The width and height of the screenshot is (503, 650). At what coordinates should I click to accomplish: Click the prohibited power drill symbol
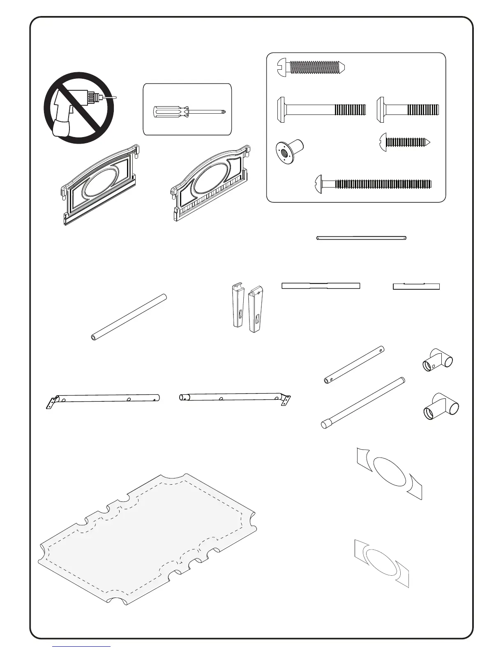79,108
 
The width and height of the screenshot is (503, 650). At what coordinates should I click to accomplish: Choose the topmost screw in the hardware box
311,66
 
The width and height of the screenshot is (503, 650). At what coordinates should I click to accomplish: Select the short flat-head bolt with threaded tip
408,110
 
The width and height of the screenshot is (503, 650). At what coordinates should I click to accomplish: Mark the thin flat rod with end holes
361,238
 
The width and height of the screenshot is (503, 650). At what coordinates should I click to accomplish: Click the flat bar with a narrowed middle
321,286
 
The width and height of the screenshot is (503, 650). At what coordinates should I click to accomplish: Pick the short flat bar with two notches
416,286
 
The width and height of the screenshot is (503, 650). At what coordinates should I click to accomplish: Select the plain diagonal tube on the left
129,317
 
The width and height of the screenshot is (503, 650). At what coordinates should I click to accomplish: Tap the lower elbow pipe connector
441,407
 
